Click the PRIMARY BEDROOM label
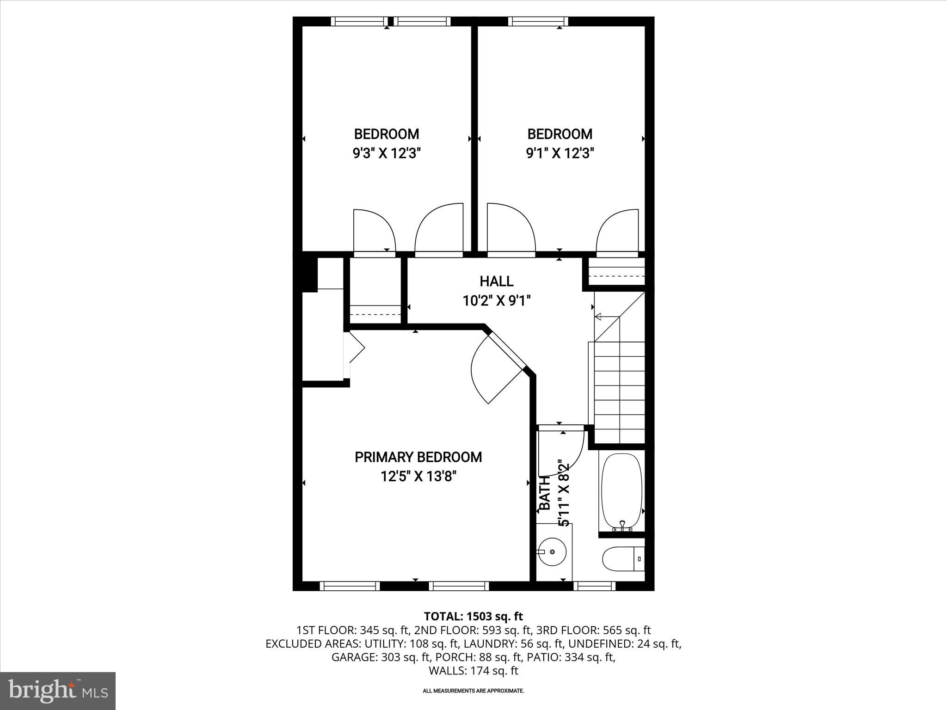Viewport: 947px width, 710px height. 418,457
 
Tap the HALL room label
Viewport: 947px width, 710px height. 496,281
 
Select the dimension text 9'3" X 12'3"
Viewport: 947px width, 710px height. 387,153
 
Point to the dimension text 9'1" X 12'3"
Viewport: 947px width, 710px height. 560,153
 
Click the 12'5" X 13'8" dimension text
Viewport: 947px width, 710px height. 418,476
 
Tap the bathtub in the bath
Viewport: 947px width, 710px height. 621,491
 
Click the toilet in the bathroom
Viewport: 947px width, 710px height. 622,559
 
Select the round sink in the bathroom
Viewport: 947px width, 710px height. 553,551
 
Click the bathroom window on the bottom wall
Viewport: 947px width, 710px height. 594,586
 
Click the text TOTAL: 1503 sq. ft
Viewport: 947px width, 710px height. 473,616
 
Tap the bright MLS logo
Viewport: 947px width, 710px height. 58,691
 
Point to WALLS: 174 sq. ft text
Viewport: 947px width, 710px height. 473,671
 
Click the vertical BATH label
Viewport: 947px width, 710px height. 546,493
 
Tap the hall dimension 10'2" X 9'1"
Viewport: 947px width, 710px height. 496,301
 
